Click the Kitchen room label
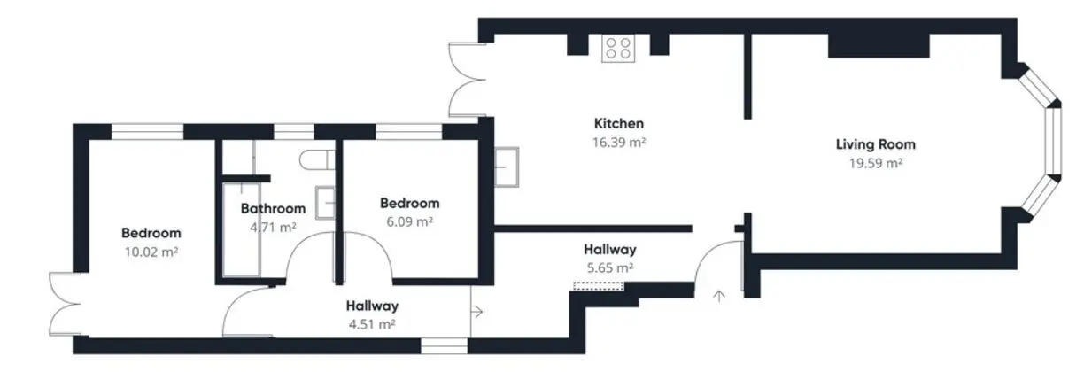click(619, 123)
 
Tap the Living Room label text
click(875, 144)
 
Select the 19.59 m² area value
click(875, 163)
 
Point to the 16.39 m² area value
click(619, 143)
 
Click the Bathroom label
click(273, 208)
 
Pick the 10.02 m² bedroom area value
click(151, 252)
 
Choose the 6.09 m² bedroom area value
click(409, 221)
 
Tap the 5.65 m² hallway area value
click(610, 267)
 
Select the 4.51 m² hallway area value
click(372, 323)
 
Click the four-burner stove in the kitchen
click(618, 49)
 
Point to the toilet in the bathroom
click(317, 159)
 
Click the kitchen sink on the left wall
click(507, 167)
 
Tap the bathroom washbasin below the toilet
click(325, 203)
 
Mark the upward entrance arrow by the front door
click(720, 296)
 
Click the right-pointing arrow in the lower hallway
click(477, 312)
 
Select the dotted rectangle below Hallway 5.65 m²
click(598, 286)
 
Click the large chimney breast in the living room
click(879, 46)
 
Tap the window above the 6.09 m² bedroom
click(409, 132)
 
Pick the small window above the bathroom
click(294, 132)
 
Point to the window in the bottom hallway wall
click(444, 346)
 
